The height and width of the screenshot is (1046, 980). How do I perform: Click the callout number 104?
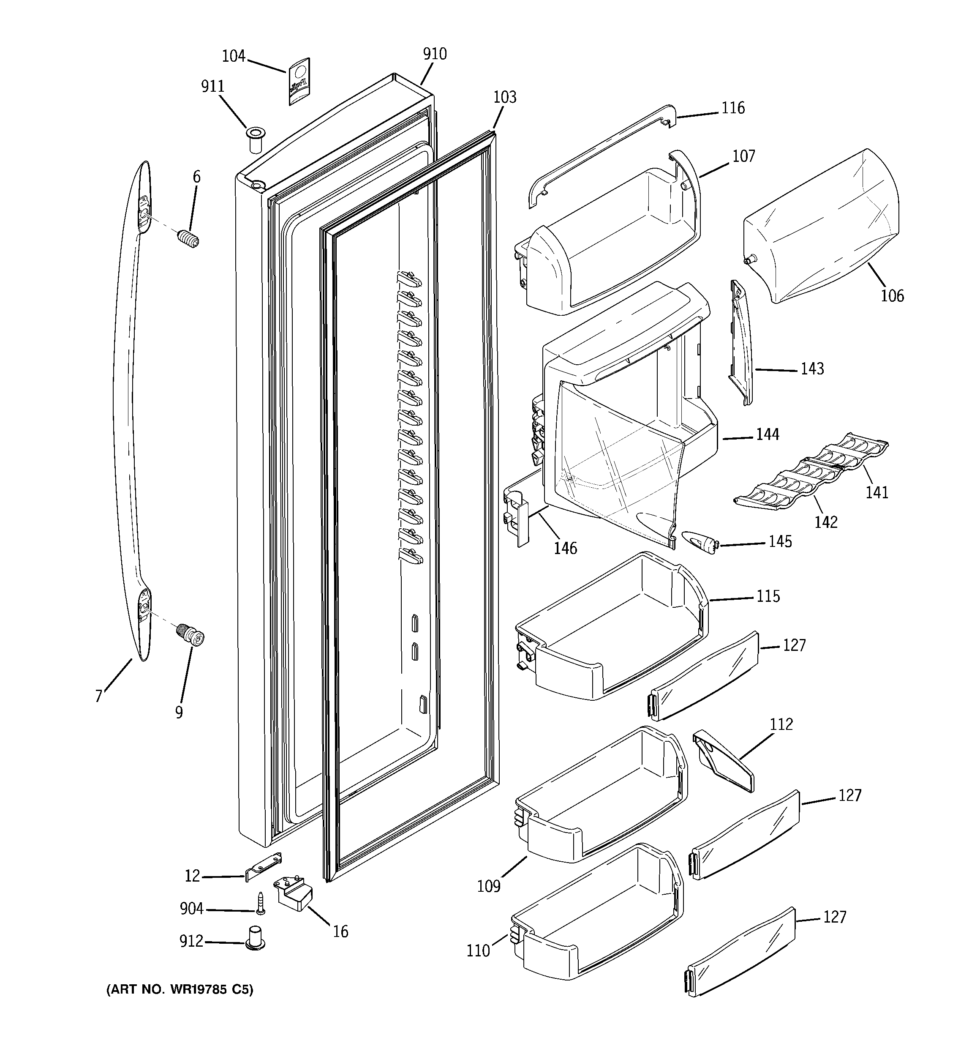[x=234, y=56]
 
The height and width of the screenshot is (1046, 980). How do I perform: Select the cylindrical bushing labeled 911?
[x=255, y=140]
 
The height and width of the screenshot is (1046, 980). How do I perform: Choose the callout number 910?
[x=435, y=54]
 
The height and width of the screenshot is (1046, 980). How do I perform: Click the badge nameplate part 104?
[x=298, y=82]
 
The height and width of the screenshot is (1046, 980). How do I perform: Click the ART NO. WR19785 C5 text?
[x=180, y=990]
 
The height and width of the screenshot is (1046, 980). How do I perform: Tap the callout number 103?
[x=504, y=97]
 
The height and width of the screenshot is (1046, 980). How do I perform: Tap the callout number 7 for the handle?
[x=98, y=696]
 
